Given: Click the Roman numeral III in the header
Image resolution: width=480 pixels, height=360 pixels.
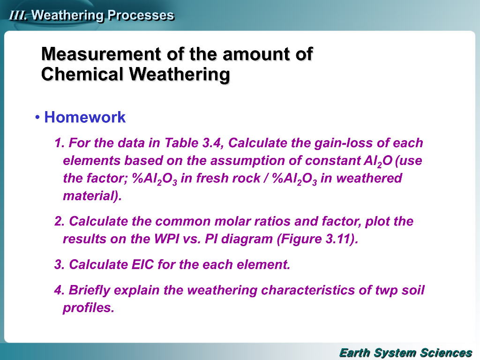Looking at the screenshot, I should click(18, 15).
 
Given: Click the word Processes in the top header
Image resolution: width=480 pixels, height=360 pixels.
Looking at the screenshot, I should click(141, 15).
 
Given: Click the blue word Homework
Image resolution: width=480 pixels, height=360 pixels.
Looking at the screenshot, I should click(85, 117).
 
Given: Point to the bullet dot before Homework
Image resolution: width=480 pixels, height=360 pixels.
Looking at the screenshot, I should click(37, 118).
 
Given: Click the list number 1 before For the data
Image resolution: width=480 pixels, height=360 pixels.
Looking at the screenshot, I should click(59, 142).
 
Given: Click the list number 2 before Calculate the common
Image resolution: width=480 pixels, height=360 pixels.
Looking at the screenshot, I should click(59, 221).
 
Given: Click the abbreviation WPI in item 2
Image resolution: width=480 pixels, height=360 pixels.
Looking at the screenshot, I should click(166, 239).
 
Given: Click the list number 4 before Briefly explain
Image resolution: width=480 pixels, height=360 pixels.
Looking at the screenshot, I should click(59, 290).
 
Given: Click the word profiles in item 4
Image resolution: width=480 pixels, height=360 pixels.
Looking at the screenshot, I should click(88, 308).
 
